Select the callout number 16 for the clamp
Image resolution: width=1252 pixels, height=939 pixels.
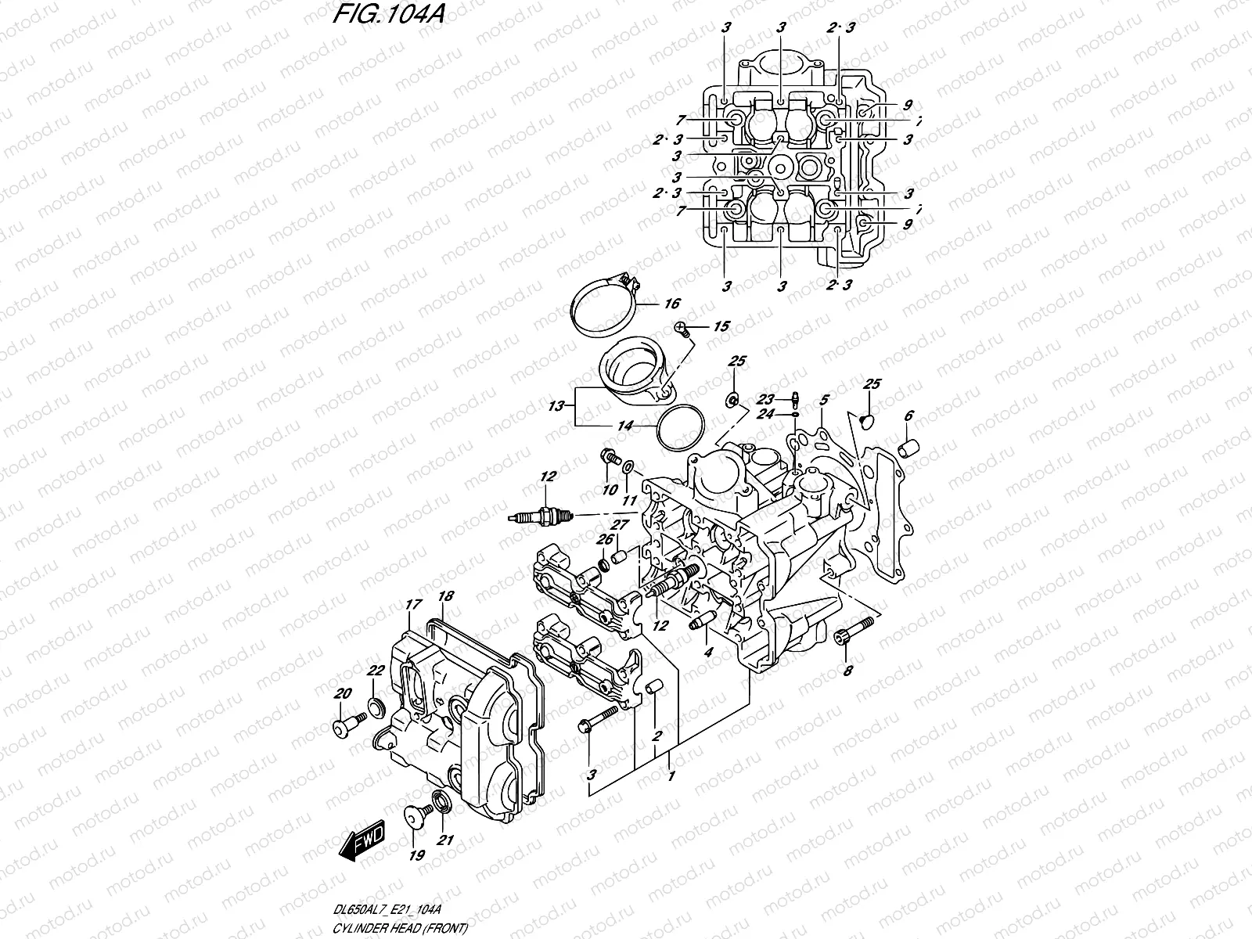point(672,304)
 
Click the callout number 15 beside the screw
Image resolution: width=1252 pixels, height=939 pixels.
point(720,326)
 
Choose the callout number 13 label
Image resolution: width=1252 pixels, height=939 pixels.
point(556,406)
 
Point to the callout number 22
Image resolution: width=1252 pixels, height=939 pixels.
point(376,670)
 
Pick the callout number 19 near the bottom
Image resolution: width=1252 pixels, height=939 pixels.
point(416,855)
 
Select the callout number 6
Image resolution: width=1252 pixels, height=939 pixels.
point(908,416)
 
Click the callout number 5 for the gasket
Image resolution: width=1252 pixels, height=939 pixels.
point(824,401)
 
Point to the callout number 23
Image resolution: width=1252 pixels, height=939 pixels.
point(765,398)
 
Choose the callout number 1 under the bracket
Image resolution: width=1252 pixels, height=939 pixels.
point(670,777)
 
